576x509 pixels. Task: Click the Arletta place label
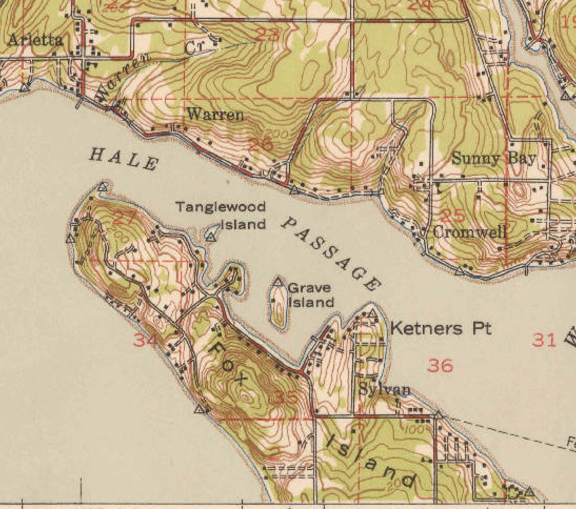coord(36,39)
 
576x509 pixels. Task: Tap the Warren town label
coord(215,114)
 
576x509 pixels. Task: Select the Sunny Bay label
coord(493,158)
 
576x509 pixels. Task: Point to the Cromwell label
coord(470,232)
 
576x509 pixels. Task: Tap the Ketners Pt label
coord(441,330)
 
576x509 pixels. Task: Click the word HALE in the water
coord(124,159)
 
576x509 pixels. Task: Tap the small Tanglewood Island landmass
coord(213,231)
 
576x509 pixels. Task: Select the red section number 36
coord(440,365)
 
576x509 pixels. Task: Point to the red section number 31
coord(544,340)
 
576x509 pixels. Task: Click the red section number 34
coord(145,341)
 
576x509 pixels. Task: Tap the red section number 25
coord(452,215)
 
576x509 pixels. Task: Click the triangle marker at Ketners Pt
coord(373,314)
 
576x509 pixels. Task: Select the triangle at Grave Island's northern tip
coord(279,282)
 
